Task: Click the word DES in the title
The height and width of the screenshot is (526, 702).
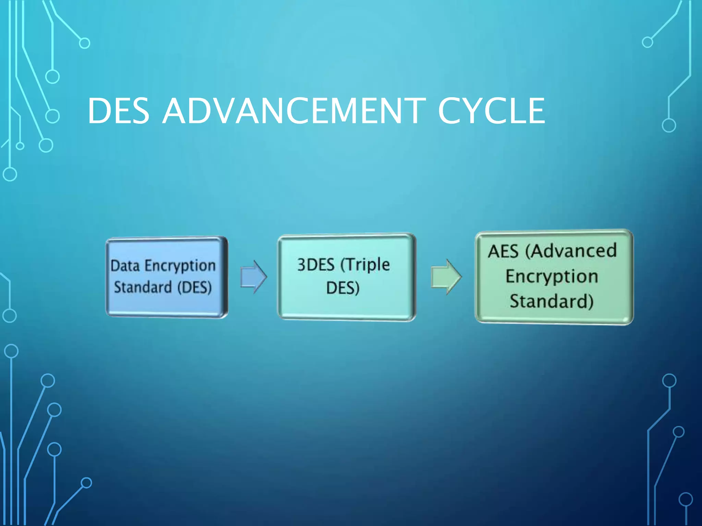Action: tap(119, 111)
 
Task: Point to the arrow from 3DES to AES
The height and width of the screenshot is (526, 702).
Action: tap(446, 277)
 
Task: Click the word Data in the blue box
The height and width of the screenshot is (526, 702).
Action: tap(125, 266)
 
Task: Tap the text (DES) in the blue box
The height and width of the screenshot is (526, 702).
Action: tap(194, 287)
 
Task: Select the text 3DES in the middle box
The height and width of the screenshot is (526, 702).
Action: tap(316, 265)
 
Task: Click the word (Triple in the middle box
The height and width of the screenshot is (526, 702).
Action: tap(365, 265)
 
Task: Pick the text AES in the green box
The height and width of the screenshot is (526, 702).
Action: tap(503, 251)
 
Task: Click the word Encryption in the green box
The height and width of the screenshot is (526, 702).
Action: tap(552, 276)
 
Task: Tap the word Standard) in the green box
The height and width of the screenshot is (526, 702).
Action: tap(552, 301)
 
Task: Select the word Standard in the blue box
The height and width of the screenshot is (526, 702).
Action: tap(143, 287)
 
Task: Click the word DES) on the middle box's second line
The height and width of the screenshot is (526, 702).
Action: tap(343, 288)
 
